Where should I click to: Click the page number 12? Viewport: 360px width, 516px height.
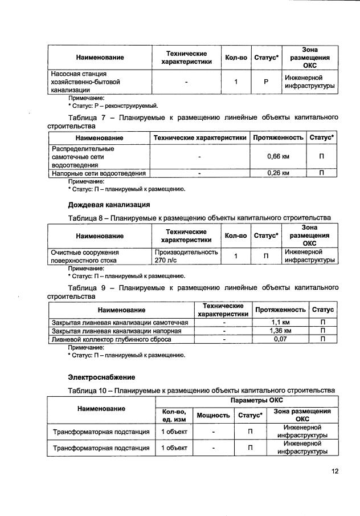pyautogui.click(x=334, y=471)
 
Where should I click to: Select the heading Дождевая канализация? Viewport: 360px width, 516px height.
pyautogui.click(x=109, y=204)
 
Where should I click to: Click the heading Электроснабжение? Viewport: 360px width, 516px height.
pyautogui.click(x=101, y=377)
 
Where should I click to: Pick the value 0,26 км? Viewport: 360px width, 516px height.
pyautogui.click(x=278, y=173)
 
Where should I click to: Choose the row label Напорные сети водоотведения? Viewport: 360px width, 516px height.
pyautogui.click(x=99, y=173)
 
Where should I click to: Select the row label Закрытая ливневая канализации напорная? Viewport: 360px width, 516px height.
pyautogui.click(x=117, y=331)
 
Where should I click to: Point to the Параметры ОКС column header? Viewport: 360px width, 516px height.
pyautogui.click(x=245, y=401)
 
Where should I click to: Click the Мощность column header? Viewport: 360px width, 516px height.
pyautogui.click(x=213, y=415)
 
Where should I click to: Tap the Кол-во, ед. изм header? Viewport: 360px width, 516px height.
pyautogui.click(x=174, y=415)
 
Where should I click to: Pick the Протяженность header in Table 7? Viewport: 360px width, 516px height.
pyautogui.click(x=278, y=138)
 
